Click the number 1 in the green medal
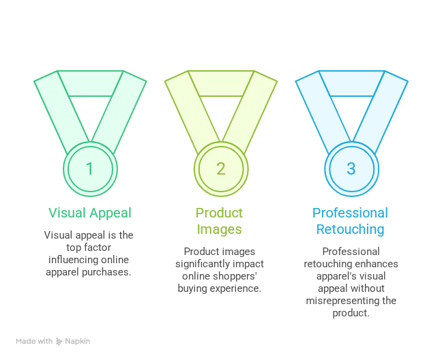click(x=90, y=168)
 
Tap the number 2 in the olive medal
click(x=220, y=168)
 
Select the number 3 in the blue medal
click(x=351, y=168)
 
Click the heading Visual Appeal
click(x=90, y=213)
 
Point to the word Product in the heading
click(x=220, y=213)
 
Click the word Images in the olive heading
click(x=220, y=229)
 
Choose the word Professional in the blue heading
click(x=350, y=213)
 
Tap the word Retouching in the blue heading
click(x=350, y=229)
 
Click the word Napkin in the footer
click(x=78, y=341)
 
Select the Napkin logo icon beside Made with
click(x=59, y=341)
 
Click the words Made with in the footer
click(x=34, y=341)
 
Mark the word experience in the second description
click(x=239, y=288)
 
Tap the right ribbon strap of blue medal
click(x=382, y=112)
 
